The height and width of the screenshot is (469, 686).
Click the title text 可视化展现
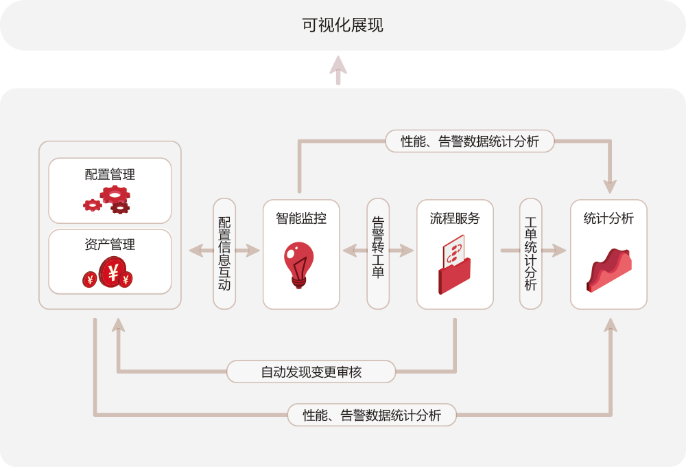(x=342, y=25)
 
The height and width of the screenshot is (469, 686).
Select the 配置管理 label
(x=110, y=174)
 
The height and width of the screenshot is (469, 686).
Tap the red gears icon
(x=108, y=199)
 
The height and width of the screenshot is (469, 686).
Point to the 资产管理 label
(x=110, y=244)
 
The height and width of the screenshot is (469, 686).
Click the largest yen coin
(x=112, y=273)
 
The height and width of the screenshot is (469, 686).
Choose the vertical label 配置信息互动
(x=224, y=253)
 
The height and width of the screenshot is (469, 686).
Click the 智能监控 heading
(x=301, y=218)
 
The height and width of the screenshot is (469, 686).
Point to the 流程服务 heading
(x=455, y=218)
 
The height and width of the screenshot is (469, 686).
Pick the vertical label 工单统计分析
(x=530, y=253)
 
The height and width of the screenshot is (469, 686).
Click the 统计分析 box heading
(x=608, y=218)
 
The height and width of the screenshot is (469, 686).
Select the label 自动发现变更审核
(x=311, y=372)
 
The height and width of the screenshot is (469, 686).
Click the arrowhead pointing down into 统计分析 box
(x=610, y=186)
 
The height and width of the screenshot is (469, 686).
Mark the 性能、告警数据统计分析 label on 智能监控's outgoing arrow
(x=470, y=141)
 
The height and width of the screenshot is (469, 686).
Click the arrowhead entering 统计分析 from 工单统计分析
(x=560, y=251)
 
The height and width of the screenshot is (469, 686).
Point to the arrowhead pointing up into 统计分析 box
(x=610, y=324)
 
